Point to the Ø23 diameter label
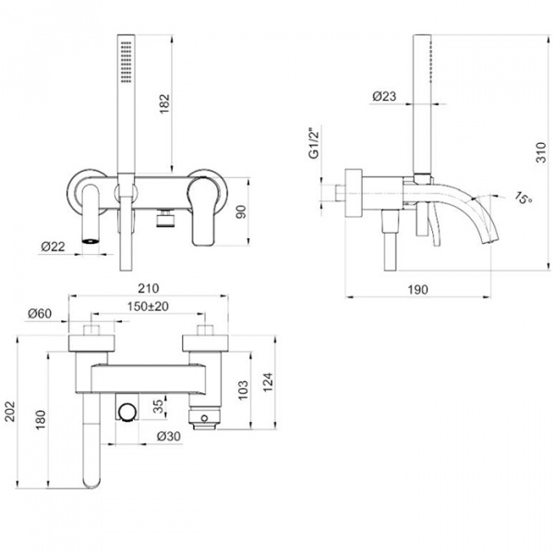(x=385, y=95)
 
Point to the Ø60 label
(x=41, y=314)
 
